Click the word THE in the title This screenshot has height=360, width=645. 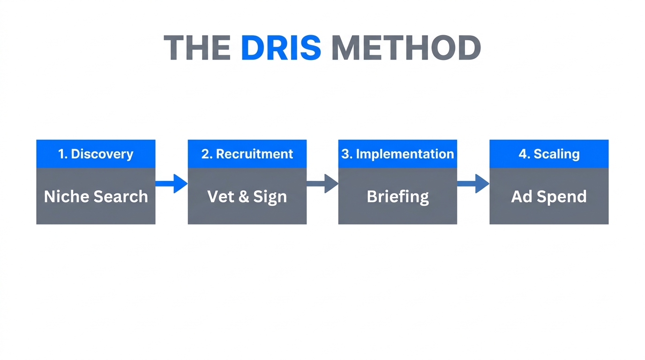click(x=197, y=48)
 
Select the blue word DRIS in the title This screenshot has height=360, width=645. click(x=281, y=48)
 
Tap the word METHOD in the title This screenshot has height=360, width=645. click(x=406, y=48)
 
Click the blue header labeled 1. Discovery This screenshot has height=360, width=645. click(x=96, y=154)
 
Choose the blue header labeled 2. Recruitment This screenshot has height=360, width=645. click(x=247, y=154)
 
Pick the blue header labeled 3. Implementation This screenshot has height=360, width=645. click(x=397, y=154)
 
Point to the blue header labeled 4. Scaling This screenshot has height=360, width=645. click(x=549, y=154)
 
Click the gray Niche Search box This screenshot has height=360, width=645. click(x=96, y=196)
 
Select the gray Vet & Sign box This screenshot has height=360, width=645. click(x=247, y=196)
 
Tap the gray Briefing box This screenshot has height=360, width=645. click(x=397, y=196)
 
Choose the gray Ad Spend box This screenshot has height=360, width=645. click(x=549, y=196)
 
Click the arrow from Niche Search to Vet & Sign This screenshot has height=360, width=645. click(x=172, y=184)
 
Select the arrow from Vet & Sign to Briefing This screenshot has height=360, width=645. click(x=322, y=184)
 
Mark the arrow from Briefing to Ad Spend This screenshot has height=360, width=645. click(x=473, y=184)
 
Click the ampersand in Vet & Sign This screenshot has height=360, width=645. click(x=243, y=196)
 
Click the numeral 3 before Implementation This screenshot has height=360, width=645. click(x=345, y=154)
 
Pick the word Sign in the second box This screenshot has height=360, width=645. click(x=270, y=197)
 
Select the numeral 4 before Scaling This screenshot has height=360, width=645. click(x=522, y=154)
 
